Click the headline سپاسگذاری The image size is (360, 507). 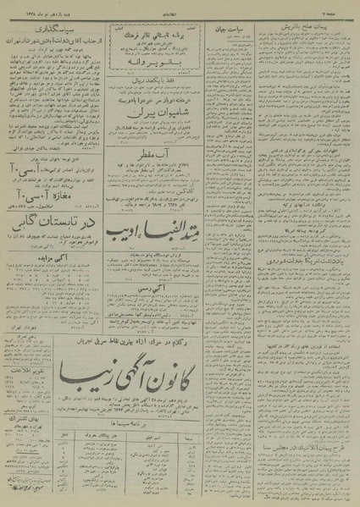tap(55, 39)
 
